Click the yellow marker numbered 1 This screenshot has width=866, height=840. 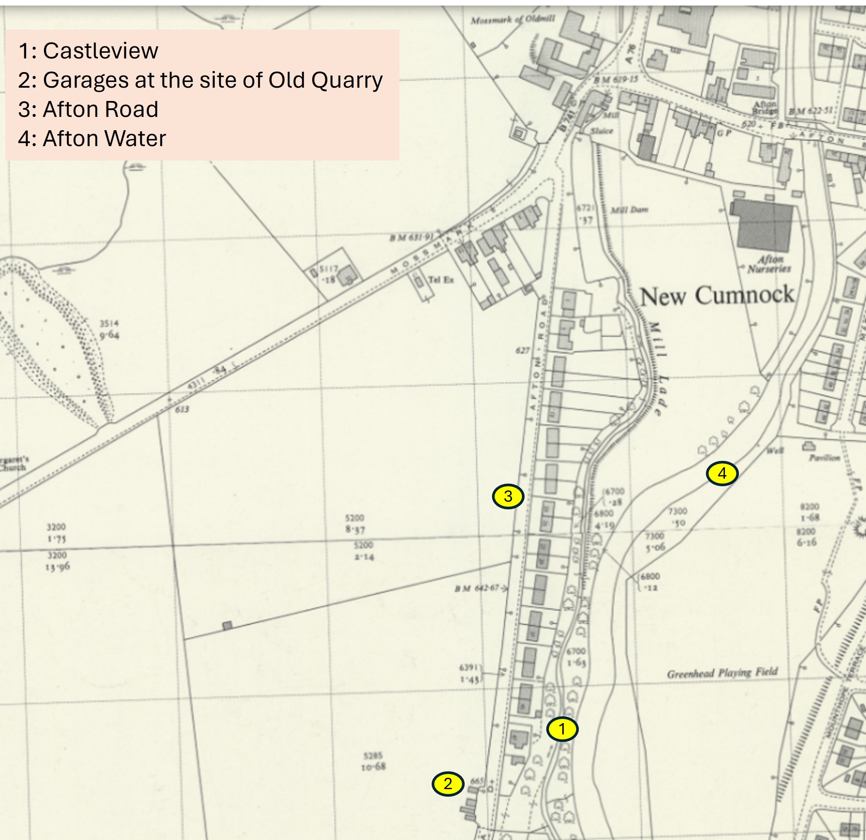coord(562,729)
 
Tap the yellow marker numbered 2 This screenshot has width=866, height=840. coord(448,784)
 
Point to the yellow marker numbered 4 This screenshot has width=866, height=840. coord(722,473)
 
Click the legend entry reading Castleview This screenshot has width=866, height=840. coord(88,51)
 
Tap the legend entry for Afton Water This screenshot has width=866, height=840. coord(92,139)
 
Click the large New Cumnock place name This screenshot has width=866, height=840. coord(717,296)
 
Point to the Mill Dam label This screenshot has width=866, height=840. coord(629,210)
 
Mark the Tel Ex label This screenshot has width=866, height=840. coord(440,279)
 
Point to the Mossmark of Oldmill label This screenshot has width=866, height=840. coord(512,20)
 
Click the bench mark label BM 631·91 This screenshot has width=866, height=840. coord(411,238)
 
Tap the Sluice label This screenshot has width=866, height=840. coord(602,131)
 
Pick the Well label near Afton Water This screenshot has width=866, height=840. coord(775,451)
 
